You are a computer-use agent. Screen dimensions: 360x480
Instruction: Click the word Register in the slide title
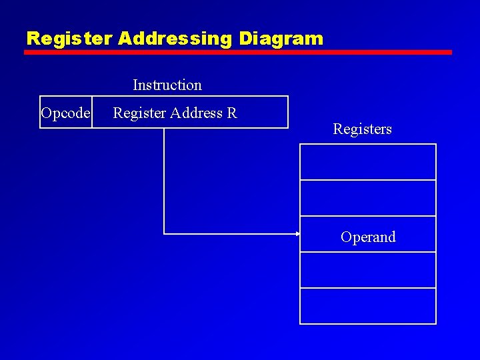pos(70,39)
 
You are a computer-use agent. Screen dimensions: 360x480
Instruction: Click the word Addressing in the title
pos(175,39)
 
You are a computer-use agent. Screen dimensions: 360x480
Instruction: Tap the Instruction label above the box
pos(167,85)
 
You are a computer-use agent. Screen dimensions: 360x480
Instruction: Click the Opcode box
pos(65,113)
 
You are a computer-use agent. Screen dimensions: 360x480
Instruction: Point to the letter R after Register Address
pos(232,113)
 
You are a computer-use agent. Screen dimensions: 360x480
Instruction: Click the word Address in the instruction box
pos(196,113)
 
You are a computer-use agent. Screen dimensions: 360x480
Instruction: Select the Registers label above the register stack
pos(362,129)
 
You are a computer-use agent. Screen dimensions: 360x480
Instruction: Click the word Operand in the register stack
pos(368,237)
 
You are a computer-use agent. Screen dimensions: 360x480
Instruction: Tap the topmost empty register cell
pos(368,162)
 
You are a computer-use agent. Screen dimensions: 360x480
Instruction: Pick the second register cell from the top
pos(368,198)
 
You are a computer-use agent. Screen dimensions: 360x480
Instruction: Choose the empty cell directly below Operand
pos(368,270)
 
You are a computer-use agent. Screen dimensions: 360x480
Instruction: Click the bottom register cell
pos(368,306)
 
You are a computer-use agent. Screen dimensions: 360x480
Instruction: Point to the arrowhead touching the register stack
pos(297,234)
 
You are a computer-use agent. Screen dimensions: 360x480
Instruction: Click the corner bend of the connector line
pos(164,234)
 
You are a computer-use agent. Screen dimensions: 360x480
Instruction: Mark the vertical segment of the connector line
pos(164,180)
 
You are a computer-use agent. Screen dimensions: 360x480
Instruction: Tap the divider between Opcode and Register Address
pos(93,112)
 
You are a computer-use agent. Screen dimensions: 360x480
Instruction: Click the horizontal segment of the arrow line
pos(230,234)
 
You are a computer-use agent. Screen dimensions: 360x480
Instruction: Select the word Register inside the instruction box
pos(139,113)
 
